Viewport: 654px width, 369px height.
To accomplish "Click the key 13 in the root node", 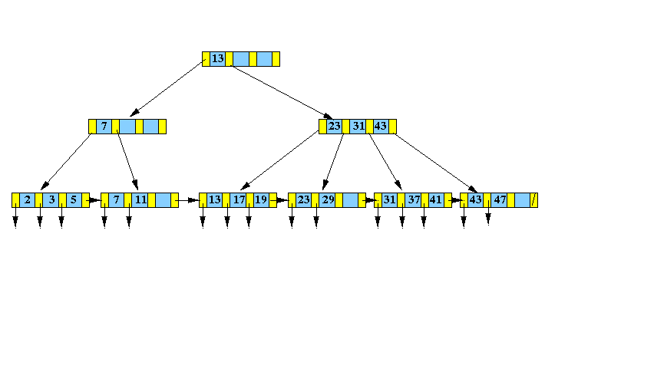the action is click(218, 59).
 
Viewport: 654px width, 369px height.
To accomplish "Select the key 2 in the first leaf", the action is click(28, 199).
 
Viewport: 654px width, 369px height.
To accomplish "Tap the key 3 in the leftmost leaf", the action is click(51, 199).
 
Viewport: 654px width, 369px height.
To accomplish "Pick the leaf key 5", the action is click(74, 199).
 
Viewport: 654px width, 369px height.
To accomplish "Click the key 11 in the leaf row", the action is click(140, 199).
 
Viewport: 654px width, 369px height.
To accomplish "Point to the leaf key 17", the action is click(239, 199).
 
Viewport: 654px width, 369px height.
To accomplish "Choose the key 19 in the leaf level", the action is click(261, 199).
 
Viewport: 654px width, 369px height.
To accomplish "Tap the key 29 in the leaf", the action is click(329, 199).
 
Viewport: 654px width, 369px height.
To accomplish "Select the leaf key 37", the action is click(414, 199).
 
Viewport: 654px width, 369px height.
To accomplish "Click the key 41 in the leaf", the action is click(435, 199).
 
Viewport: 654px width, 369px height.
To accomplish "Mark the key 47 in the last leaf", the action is click(500, 199).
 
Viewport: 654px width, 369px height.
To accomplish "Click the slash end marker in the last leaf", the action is click(534, 200).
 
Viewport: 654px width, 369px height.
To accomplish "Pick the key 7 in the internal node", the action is click(104, 126).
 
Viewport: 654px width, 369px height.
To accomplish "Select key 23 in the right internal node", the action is click(334, 126).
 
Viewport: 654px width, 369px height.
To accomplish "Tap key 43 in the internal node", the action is click(380, 126).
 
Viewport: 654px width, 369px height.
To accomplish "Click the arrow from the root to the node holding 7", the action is click(167, 89).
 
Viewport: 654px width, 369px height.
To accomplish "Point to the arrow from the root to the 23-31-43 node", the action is click(282, 92).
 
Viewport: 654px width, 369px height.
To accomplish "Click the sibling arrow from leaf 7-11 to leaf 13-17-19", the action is click(187, 200).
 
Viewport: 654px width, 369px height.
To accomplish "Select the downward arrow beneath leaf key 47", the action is click(488, 213).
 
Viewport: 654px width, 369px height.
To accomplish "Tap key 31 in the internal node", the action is click(358, 126).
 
